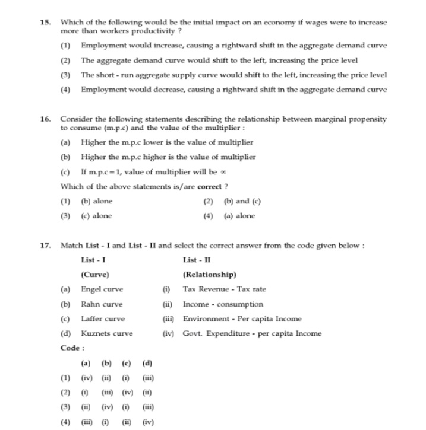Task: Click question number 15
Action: [45, 22]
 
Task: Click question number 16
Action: [45, 119]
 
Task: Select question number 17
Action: [45, 246]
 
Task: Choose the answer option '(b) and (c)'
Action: [242, 201]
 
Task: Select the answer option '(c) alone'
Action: [96, 216]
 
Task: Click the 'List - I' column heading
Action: [93, 260]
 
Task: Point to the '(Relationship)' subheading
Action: [210, 275]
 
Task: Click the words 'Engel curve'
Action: [102, 289]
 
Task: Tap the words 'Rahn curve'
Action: [102, 304]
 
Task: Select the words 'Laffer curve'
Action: [103, 318]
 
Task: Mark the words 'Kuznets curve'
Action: [107, 333]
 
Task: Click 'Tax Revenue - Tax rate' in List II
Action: [225, 289]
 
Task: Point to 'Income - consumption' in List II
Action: [223, 304]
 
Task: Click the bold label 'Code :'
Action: [73, 348]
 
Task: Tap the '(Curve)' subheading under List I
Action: [95, 275]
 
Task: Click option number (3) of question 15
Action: [65, 75]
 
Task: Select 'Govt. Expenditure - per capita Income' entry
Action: [252, 333]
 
